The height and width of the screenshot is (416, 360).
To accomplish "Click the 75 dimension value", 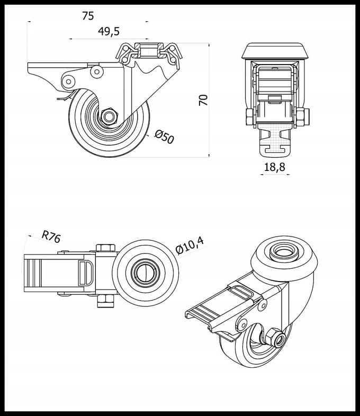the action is tap(88, 16).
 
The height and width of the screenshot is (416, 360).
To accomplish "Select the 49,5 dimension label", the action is tap(109, 31).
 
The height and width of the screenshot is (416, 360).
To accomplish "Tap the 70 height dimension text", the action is tap(203, 100).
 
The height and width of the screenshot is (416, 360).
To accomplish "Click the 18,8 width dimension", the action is tap(275, 167).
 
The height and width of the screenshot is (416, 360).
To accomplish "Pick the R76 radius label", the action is tap(51, 237).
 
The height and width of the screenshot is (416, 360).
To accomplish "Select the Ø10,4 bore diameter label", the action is tap(190, 246).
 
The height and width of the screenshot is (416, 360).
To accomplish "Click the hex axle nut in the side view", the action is tap(109, 116).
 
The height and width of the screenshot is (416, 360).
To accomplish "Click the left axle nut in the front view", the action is tap(250, 117).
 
